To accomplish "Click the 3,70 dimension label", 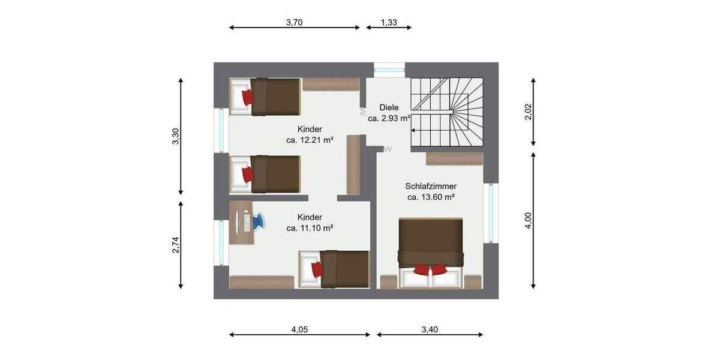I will [294, 23].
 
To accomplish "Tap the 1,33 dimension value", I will [389, 23].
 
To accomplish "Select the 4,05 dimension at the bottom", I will [299, 329].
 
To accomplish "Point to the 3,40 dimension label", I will [430, 329].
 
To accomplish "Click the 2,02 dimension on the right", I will [528, 112].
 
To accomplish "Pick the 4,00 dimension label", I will [528, 220].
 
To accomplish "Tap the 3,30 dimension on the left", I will [176, 137].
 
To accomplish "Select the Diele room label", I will [389, 107].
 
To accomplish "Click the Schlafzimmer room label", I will [431, 187].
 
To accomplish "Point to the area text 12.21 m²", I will [310, 140].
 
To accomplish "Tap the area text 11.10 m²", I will [310, 228].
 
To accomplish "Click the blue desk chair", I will [257, 221].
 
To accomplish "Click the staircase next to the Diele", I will [447, 112].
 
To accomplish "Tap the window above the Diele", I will [389, 68].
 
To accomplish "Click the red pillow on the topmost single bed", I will [247, 97].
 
